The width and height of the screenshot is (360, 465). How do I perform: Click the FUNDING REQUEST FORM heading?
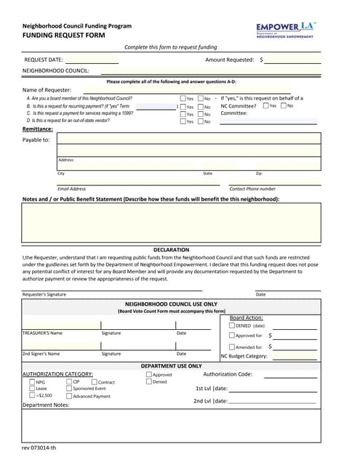[63, 35]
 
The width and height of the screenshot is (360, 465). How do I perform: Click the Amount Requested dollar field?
[292, 60]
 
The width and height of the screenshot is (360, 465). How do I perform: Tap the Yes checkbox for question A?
[183, 99]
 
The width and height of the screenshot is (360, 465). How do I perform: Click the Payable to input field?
[188, 139]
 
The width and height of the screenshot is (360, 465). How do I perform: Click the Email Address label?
[71, 189]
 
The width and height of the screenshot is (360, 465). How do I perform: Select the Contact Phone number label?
[252, 189]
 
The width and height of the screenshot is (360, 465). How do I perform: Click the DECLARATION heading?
[171, 249]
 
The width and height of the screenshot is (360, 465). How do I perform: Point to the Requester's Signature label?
[44, 294]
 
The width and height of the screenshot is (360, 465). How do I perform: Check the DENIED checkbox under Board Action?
[232, 326]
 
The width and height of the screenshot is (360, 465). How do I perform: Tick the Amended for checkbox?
[232, 347]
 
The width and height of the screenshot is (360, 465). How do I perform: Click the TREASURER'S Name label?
[42, 333]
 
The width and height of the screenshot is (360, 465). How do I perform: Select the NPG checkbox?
[31, 381]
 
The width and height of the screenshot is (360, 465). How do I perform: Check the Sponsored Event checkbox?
[68, 389]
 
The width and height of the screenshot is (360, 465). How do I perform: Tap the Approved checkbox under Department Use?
[149, 375]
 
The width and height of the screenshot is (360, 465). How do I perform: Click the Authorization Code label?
[228, 374]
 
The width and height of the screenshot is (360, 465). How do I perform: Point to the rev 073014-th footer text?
[39, 448]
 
